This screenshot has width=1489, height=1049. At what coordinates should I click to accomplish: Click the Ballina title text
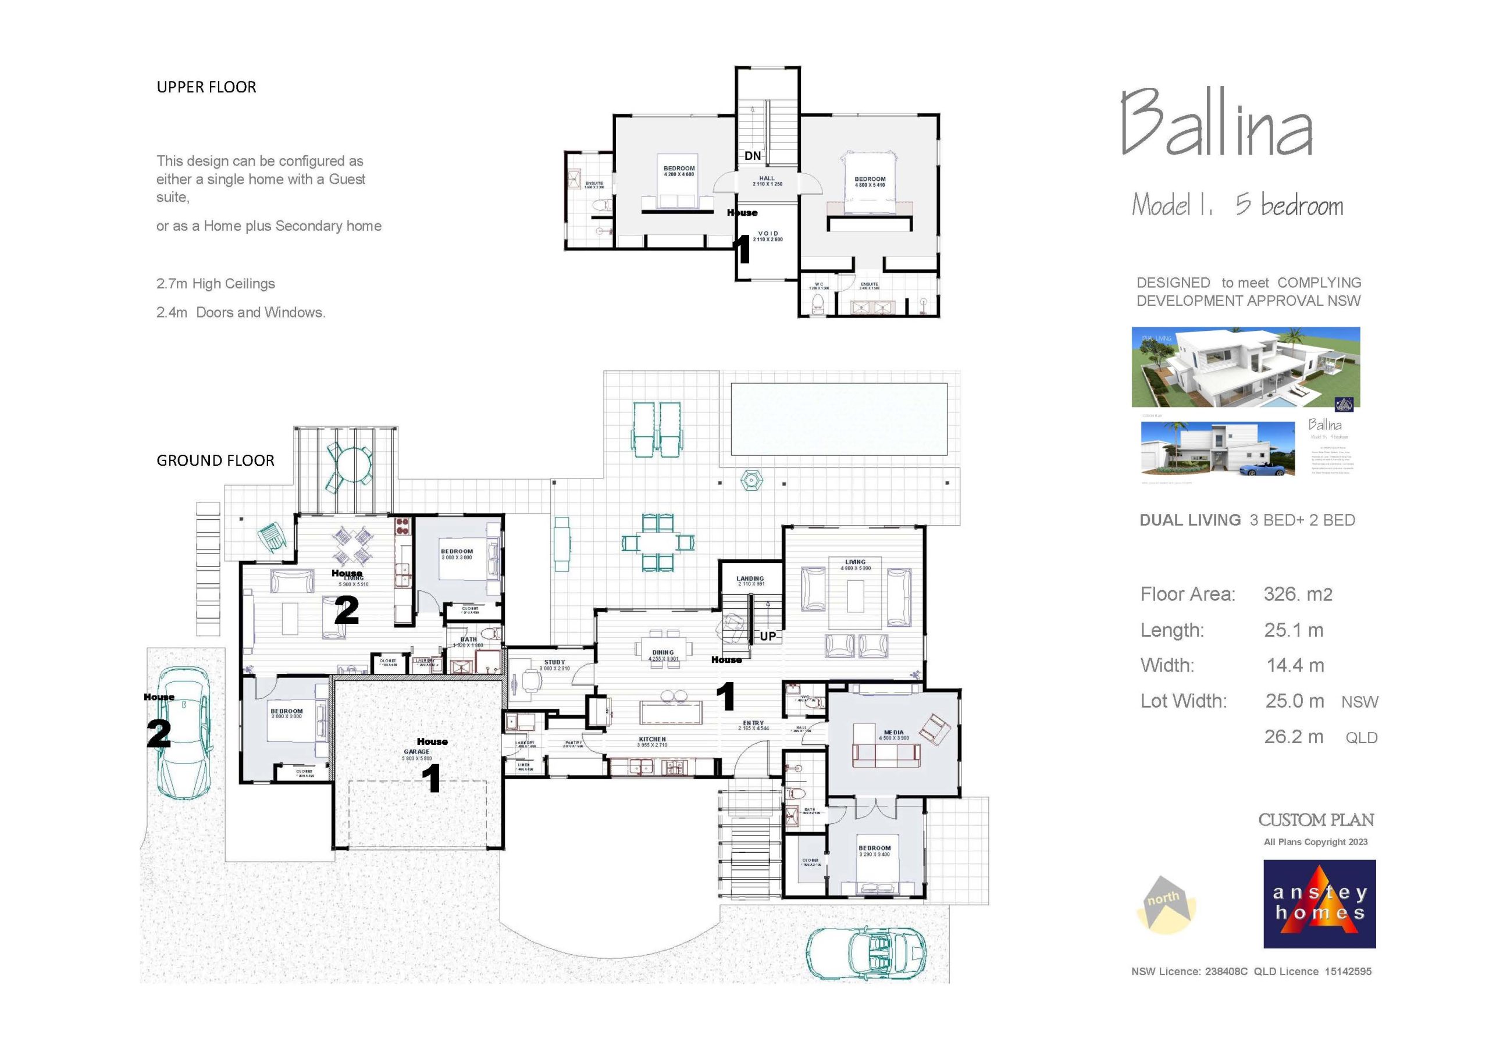point(1217,123)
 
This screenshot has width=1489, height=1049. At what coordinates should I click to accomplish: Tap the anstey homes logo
point(1319,904)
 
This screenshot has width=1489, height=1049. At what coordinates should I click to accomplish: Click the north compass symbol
point(1165,905)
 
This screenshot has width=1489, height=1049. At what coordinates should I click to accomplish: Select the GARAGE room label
point(416,752)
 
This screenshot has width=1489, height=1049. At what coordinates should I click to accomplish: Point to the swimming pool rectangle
point(839,419)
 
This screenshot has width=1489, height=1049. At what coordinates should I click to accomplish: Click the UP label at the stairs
point(768,636)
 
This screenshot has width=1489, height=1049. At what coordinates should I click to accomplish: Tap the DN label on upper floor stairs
point(752,156)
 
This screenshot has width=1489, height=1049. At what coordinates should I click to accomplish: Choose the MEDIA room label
point(893,733)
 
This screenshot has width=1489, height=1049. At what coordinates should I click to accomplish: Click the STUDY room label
point(554,662)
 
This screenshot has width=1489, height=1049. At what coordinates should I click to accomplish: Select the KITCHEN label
point(652,739)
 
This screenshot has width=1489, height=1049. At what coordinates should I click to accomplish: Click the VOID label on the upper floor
point(768,233)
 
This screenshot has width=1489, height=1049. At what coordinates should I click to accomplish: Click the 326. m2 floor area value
point(1298,594)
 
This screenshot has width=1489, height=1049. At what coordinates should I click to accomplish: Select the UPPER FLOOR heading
point(206,87)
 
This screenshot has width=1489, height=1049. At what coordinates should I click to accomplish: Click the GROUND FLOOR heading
point(215,461)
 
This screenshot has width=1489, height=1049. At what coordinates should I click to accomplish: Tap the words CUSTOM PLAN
point(1316,820)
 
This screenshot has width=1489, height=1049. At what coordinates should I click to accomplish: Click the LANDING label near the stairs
point(750,579)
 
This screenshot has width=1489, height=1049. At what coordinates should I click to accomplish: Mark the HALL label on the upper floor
point(767,179)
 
